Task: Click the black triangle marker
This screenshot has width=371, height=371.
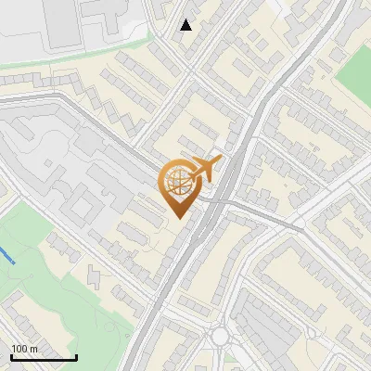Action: pos(186,25)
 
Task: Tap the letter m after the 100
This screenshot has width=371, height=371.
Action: pos(33,348)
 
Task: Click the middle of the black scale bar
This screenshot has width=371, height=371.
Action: pos(44,357)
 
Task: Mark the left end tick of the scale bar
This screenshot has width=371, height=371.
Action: pos(11,356)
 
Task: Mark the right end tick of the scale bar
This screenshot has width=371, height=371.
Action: pos(76,356)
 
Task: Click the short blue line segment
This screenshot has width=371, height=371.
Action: pos(6,253)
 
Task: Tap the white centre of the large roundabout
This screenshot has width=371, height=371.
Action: pos(220,336)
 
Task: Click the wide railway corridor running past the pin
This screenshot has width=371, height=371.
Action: pos(199,241)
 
